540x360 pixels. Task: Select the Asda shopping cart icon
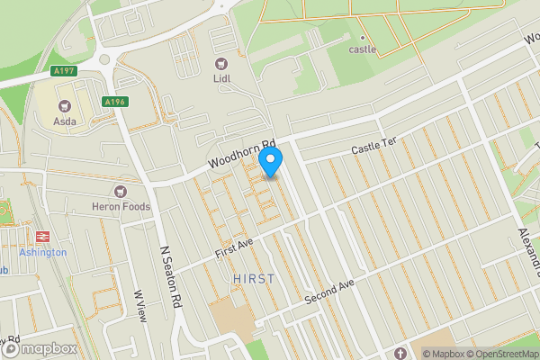click(64, 104)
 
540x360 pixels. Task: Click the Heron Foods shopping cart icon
click(120, 191)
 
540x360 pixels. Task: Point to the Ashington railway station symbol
click(41, 237)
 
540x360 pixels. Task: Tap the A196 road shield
click(113, 103)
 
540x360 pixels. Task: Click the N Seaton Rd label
click(170, 278)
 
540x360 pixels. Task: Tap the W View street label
click(139, 305)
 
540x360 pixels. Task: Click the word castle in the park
click(363, 49)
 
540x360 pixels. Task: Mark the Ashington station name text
click(42, 253)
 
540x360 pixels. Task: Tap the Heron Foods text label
click(121, 207)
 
